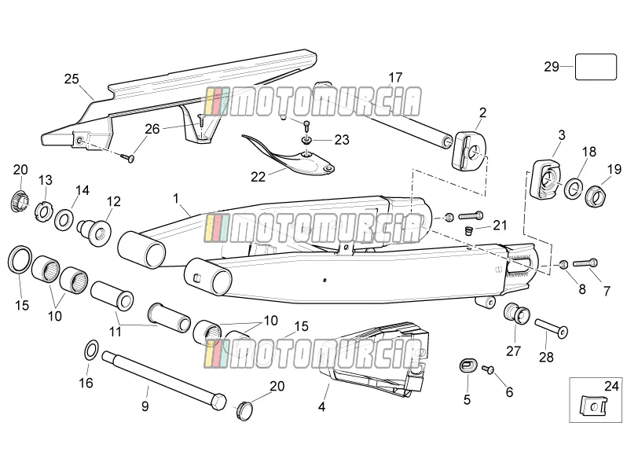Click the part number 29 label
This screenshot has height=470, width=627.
point(552,66)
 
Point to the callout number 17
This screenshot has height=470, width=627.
point(395,77)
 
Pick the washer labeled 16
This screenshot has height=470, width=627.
point(92,350)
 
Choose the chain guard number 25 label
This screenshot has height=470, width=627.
point(71,79)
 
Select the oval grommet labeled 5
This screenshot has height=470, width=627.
point(468,365)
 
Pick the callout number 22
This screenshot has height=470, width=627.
point(258,176)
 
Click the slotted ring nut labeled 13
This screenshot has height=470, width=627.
point(42,212)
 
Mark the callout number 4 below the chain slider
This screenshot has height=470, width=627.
point(321,407)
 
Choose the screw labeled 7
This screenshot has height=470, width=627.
point(585,263)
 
